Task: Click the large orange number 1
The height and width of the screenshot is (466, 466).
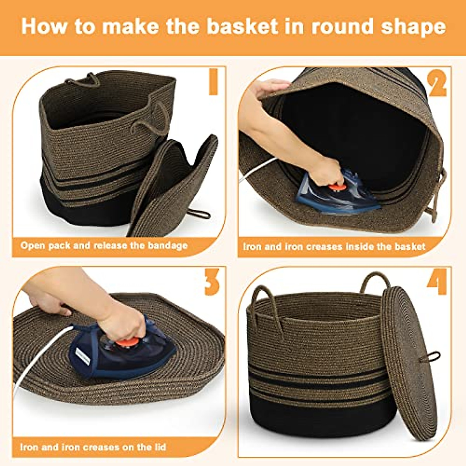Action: pyautogui.click(x=213, y=82)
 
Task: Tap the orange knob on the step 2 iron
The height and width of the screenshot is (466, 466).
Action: pyautogui.click(x=337, y=188)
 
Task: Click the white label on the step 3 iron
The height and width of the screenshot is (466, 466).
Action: pyautogui.click(x=83, y=356)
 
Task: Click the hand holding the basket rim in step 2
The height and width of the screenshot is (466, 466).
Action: pyautogui.click(x=268, y=88)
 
